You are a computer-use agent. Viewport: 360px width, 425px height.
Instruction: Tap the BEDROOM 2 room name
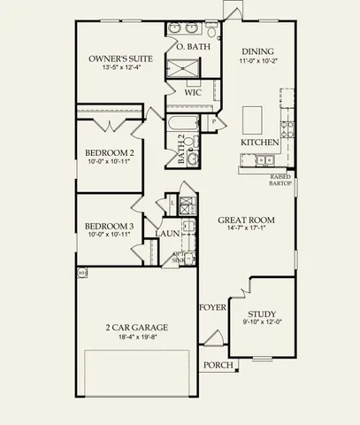click(x=111, y=152)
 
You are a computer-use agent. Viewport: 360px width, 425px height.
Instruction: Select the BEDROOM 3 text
click(x=111, y=226)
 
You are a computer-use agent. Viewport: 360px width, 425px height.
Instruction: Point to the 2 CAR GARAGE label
click(x=137, y=327)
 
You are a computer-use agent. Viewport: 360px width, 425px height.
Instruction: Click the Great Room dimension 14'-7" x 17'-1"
click(x=250, y=228)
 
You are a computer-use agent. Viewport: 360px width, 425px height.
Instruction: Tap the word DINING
click(x=257, y=50)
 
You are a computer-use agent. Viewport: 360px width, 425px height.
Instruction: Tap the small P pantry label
click(x=215, y=121)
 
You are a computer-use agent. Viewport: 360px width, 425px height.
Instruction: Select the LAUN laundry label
click(x=169, y=234)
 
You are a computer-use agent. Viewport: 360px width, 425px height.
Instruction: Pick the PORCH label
click(x=218, y=365)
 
